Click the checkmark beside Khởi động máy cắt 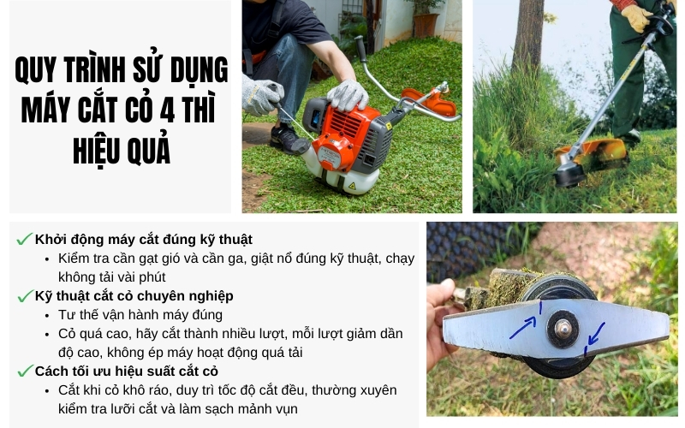pos(24,240)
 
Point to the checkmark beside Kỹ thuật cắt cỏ pos(24,296)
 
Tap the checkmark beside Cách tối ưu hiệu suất pos(24,372)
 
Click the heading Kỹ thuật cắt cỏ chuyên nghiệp pos(134,296)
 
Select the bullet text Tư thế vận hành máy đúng pos(140,315)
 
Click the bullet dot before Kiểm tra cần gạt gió pos(47,259)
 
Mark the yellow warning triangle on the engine pos(349,185)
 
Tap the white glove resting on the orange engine pos(348,94)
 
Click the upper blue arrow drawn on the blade pos(524,324)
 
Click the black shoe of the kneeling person pos(287,138)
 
